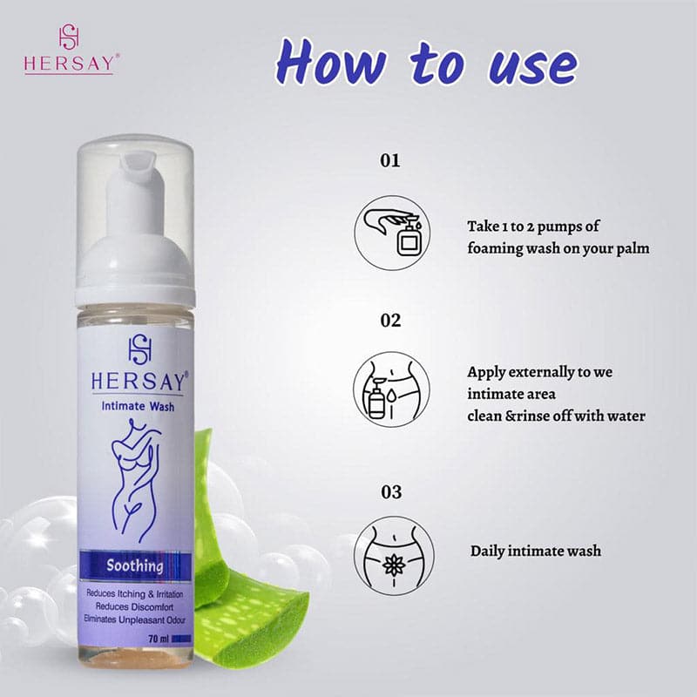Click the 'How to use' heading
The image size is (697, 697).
point(427,63)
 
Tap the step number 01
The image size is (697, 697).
point(390,160)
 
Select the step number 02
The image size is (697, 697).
point(390,321)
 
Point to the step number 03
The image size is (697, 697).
point(391,492)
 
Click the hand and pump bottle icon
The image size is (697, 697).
point(392,233)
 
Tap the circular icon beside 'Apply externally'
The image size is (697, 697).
point(391,389)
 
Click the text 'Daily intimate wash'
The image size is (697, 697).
point(536,552)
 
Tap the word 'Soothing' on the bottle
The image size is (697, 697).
point(135,565)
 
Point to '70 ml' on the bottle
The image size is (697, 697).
point(159,639)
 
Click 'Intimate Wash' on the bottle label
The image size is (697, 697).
point(138,406)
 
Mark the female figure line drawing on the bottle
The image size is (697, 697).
point(135,481)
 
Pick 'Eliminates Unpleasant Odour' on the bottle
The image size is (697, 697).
point(135,619)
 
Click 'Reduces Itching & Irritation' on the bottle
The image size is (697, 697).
point(135,594)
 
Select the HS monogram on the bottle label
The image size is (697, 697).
point(140,349)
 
